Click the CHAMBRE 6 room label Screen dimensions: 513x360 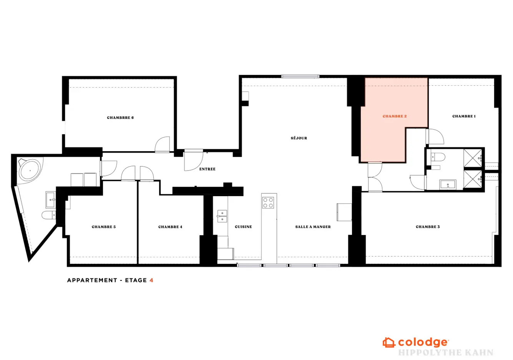(x=120, y=118)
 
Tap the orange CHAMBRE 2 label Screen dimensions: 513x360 (x=395, y=117)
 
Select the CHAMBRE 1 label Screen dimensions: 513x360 (x=464, y=117)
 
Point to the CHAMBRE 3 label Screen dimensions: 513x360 (x=428, y=227)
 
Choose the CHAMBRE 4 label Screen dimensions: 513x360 (x=170, y=227)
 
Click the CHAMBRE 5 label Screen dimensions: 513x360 (x=103, y=227)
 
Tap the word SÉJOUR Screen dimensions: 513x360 (x=299, y=138)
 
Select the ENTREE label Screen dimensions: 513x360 (x=207, y=169)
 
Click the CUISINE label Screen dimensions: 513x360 (x=243, y=227)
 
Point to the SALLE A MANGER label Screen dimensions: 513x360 (x=313, y=227)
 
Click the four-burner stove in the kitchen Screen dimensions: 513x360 (x=268, y=203)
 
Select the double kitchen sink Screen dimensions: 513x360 (x=222, y=216)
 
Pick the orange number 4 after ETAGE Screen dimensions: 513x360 (x=151, y=280)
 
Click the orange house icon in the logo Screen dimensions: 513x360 (x=389, y=343)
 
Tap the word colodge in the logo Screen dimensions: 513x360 (x=423, y=343)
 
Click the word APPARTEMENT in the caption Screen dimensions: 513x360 (x=92, y=280)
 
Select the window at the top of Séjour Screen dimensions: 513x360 (x=300, y=77)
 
